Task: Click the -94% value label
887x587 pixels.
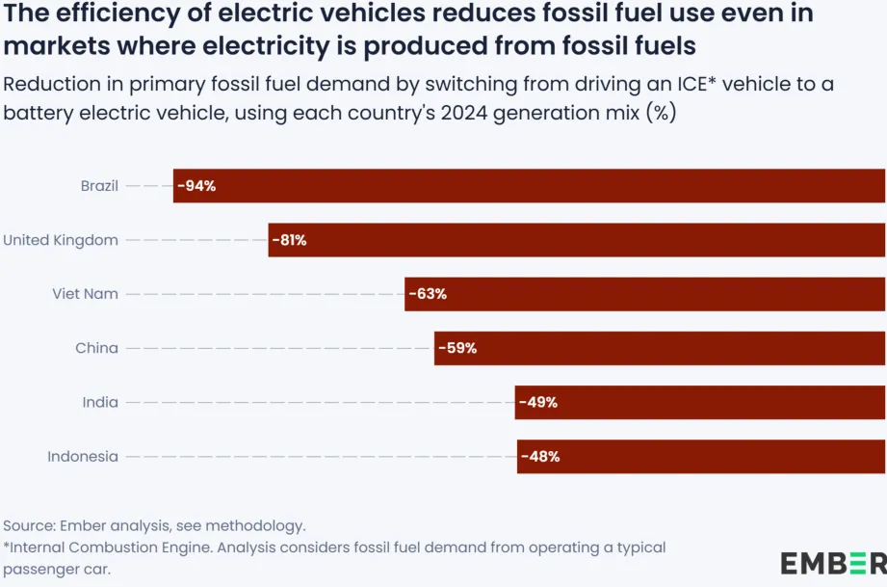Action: coord(196,186)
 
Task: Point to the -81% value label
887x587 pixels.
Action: coord(289,240)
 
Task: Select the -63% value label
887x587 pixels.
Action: coord(427,294)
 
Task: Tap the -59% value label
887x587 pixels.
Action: coord(457,348)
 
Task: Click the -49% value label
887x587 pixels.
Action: coord(537,402)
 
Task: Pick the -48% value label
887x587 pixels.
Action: coord(539,456)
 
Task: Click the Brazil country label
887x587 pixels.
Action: coord(99,186)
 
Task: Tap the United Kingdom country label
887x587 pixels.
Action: coord(61,240)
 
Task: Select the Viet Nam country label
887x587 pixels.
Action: coord(86,294)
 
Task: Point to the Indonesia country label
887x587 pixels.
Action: coord(83,456)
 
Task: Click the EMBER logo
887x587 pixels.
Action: coord(833,563)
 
